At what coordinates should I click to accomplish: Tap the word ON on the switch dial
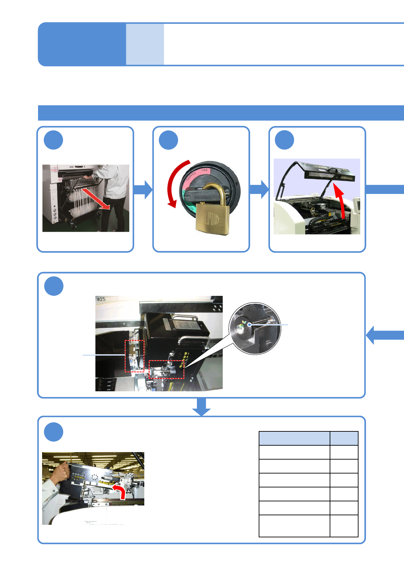tap(204, 170)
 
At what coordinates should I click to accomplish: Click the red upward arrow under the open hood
tap(341, 200)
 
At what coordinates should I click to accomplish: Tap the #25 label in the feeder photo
tap(101, 299)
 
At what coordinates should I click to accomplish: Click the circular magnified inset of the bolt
tap(255, 328)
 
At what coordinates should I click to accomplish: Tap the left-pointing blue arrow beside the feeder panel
tap(384, 335)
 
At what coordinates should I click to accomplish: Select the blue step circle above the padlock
tap(168, 140)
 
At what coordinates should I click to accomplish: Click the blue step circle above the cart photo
tap(53, 140)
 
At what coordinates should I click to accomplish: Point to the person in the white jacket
tap(114, 194)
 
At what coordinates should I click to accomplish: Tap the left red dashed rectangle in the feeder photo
tap(134, 356)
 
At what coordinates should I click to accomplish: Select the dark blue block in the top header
tap(81, 44)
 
